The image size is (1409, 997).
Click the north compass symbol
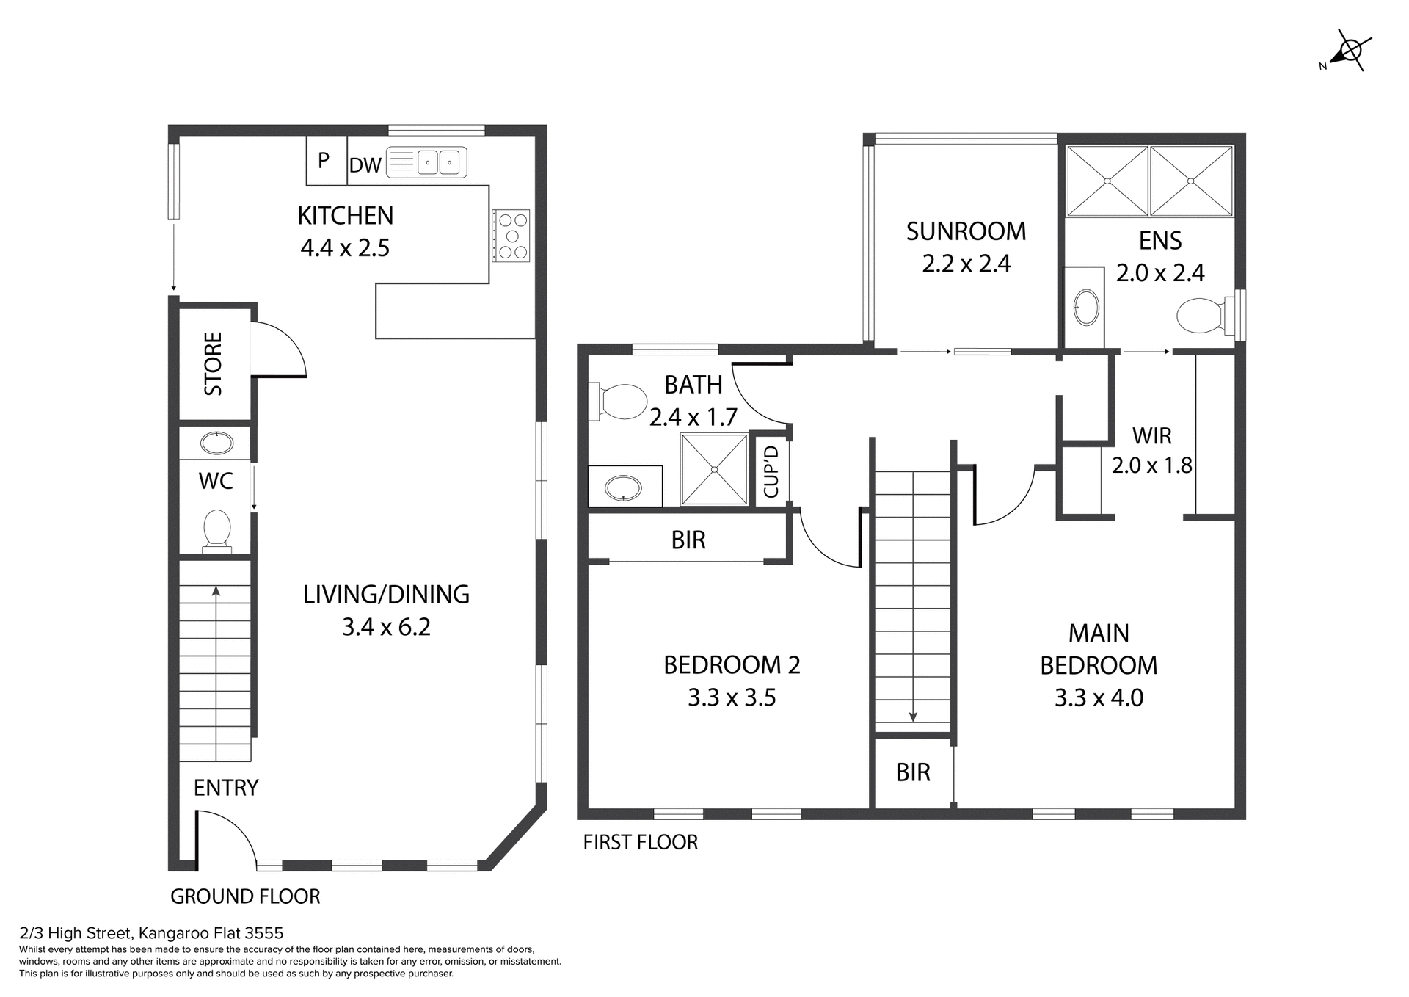pos(1349,51)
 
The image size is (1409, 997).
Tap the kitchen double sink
pos(426,162)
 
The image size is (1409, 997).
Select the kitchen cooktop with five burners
pos(511,236)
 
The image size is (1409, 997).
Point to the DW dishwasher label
pos(365,166)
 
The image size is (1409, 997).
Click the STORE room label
pos(214,364)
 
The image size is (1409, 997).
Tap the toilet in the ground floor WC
pos(216,531)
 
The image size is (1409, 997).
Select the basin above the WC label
pos(216,443)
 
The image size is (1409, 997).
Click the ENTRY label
pos(226,788)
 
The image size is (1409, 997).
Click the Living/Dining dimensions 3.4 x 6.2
pos(386,627)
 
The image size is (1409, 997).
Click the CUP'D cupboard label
pos(771,472)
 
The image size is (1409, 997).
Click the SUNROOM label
pos(966,231)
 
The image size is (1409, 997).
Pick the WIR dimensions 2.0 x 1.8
pos(1151,465)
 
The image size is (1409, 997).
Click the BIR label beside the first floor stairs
pos(913,772)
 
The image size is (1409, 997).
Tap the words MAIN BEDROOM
pos(1099,649)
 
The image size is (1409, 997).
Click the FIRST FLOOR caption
pos(640,842)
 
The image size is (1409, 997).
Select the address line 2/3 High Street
pos(150,933)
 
